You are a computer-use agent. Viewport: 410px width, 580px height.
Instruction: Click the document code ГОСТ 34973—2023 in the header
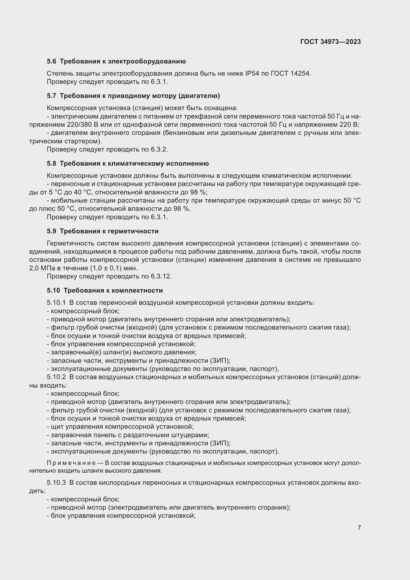click(x=330, y=42)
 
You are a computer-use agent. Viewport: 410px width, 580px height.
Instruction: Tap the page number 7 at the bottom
click(x=359, y=527)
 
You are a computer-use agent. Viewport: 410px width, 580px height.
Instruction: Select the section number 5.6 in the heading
click(x=52, y=61)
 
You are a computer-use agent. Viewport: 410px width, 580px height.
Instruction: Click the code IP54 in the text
click(x=252, y=73)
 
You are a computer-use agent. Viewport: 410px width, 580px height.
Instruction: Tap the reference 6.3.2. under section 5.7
click(x=159, y=149)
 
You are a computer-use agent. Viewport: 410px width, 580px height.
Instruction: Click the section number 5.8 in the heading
click(x=52, y=163)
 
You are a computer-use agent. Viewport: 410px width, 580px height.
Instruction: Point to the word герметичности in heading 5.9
click(x=134, y=231)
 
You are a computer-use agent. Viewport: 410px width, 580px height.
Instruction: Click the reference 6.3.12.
click(x=161, y=276)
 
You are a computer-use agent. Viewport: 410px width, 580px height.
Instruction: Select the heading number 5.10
click(x=53, y=290)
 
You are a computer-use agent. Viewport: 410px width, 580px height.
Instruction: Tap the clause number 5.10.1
click(x=56, y=303)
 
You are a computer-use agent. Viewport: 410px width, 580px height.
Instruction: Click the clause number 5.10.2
click(x=56, y=377)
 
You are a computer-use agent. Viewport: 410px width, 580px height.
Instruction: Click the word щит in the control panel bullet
click(x=57, y=427)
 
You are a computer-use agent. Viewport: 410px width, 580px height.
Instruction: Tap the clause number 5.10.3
click(x=56, y=483)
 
